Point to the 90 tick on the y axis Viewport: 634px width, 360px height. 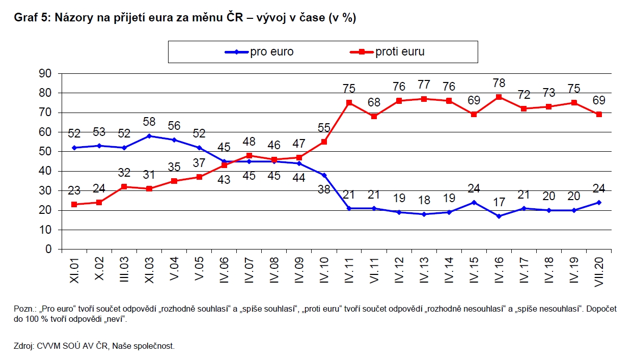click(46, 73)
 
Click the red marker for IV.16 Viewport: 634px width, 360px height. click(499, 97)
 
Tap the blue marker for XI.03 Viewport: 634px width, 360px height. click(149, 136)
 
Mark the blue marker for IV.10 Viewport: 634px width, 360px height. click(324, 175)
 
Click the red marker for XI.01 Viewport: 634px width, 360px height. click(74, 204)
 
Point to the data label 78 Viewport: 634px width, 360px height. click(499, 82)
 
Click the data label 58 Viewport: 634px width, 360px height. click(149, 122)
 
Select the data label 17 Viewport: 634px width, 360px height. click(499, 202)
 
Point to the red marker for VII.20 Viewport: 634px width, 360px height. click(599, 115)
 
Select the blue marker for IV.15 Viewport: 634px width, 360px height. click(474, 202)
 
